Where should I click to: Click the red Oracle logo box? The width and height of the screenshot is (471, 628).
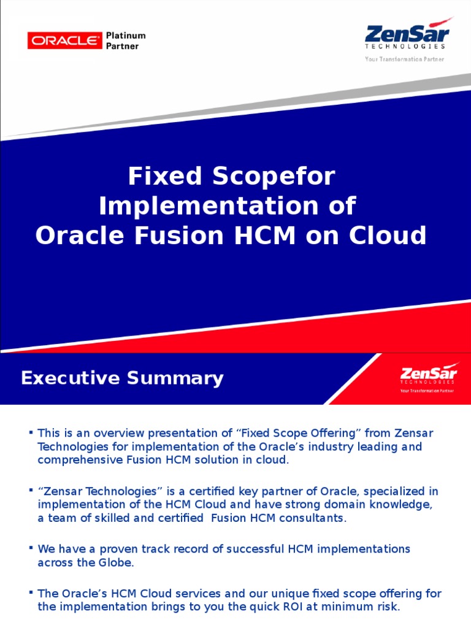pyautogui.click(x=64, y=40)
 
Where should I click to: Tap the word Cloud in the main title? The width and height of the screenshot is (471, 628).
pyautogui.click(x=392, y=236)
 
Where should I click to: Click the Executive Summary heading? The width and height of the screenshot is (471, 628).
pyautogui.click(x=122, y=378)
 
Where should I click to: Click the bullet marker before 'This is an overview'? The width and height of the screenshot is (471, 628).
pyautogui.click(x=30, y=433)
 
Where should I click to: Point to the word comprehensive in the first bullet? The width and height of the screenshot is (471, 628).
pyautogui.click(x=77, y=460)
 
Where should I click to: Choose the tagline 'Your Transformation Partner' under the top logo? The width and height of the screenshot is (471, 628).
pyautogui.click(x=405, y=59)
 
